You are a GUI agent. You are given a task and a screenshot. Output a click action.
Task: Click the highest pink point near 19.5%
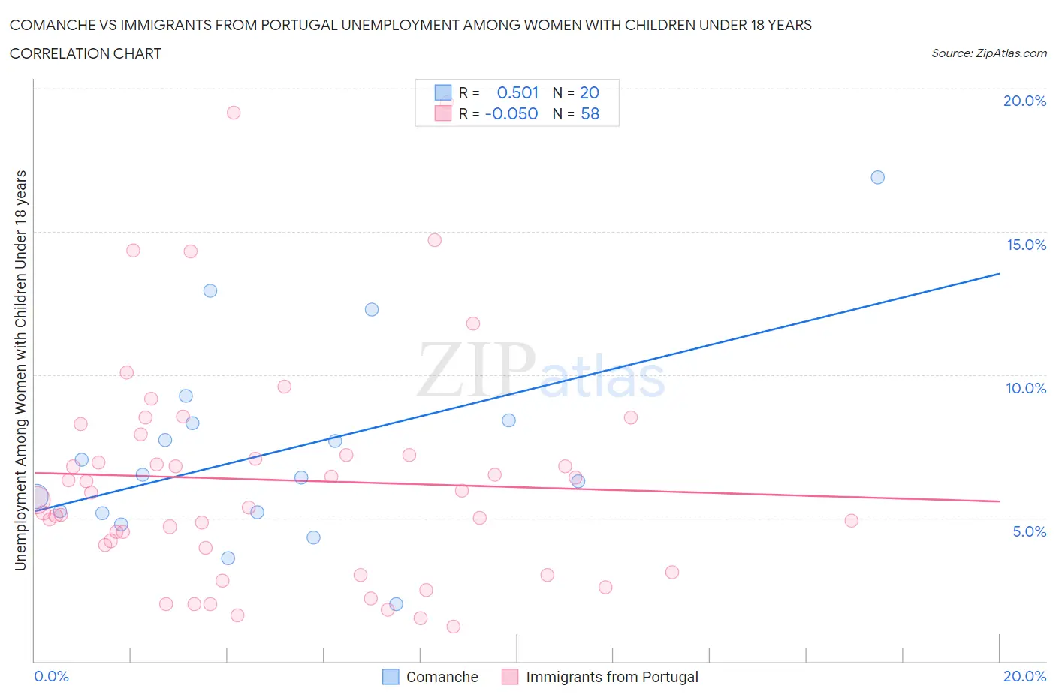coord(234,113)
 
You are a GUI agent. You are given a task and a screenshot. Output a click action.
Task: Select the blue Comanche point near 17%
coord(877,178)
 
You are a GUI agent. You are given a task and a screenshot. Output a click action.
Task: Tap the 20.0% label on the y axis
coord(1024,101)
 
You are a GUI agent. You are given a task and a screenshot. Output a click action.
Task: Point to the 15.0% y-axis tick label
coord(1026,245)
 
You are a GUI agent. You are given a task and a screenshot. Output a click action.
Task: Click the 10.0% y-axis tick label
coord(1026,388)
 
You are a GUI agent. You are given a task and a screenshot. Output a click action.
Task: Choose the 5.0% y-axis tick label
coord(1029,531)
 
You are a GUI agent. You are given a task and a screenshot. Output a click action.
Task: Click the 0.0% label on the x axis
coord(52,676)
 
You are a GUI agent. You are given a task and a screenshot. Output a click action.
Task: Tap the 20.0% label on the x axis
coord(1024,676)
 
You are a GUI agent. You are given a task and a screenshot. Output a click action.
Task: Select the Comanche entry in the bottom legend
coord(442,677)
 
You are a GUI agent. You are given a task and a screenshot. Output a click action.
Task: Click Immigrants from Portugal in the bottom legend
coord(611,677)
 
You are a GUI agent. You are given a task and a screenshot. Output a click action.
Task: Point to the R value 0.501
coord(517,92)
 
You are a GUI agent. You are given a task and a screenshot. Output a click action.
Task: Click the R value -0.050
coord(511,113)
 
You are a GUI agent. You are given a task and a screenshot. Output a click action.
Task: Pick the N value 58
coord(590,113)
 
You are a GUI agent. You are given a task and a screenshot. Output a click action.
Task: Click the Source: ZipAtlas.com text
coord(988,53)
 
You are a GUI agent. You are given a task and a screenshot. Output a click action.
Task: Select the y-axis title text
coord(20,370)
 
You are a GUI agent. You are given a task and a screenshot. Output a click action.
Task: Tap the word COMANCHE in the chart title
coord(52,25)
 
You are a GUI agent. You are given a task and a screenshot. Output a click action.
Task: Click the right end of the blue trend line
coord(999,274)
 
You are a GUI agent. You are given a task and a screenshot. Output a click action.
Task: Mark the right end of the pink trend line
coord(999,501)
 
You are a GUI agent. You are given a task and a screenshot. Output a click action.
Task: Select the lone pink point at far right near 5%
coord(851,521)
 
